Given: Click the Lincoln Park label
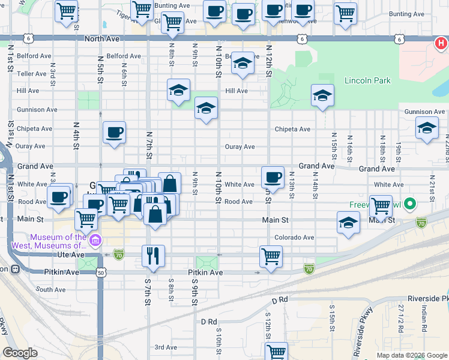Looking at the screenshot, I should pos(367,80).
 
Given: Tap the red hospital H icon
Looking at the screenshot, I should pos(441,44).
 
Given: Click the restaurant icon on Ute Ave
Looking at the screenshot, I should pos(153,256).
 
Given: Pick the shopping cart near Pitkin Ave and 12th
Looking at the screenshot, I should pos(271,256).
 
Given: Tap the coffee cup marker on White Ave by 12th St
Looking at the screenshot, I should pos(273,176).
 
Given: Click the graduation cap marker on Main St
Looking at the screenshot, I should pos(348,224).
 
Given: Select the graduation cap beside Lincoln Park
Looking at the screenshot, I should pos(322,95).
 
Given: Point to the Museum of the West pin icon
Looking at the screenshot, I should pos(95,241).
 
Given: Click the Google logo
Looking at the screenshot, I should pos(20,353).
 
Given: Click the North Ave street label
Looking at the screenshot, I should pos(103,38).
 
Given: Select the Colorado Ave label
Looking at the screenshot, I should pos(294,238).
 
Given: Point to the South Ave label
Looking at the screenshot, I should pos(50,289).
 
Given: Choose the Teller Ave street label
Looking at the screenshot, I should pos(32,74).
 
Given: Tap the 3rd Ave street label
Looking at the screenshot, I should pos(166,347).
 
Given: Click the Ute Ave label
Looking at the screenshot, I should pos(72,255).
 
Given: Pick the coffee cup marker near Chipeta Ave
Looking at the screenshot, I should pos(114,133).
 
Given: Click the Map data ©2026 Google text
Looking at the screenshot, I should pos(411,355).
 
